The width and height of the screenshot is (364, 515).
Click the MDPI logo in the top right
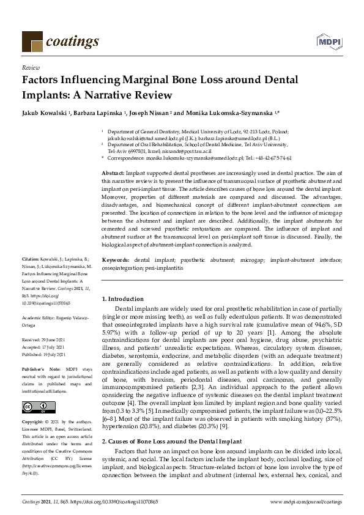(329, 40)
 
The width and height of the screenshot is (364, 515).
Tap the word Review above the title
(31, 68)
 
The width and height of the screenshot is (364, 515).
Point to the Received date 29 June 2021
(46, 339)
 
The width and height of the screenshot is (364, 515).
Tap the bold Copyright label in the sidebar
(33, 422)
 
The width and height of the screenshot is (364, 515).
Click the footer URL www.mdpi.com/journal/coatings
(306, 502)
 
